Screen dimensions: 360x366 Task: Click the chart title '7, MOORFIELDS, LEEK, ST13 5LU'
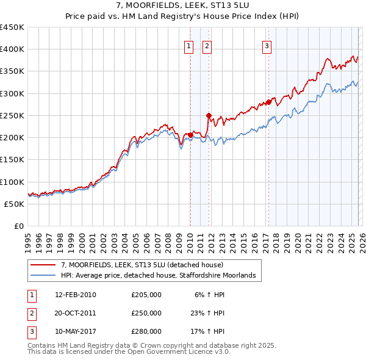(x=182, y=6)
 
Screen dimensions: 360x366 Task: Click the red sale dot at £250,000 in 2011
(x=209, y=115)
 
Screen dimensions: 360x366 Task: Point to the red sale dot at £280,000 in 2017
(x=268, y=102)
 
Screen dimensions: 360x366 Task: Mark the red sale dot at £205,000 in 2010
(x=190, y=135)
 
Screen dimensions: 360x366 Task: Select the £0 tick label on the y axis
(x=18, y=226)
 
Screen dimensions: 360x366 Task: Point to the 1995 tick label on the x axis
(x=27, y=239)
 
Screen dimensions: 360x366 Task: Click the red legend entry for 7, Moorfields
(x=142, y=265)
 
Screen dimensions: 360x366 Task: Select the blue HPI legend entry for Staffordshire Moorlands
(x=157, y=276)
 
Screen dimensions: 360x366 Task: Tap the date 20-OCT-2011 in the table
(x=75, y=313)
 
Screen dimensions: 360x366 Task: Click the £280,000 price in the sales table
(x=146, y=331)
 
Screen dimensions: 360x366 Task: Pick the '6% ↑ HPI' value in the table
(x=210, y=295)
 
